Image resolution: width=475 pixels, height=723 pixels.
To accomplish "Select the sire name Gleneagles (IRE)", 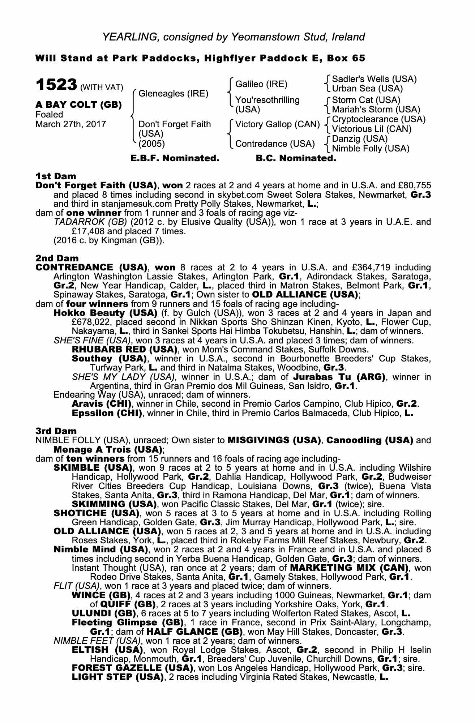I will pyautogui.click(x=174, y=94).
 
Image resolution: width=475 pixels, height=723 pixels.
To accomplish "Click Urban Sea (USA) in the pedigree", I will pyautogui.click(x=367, y=89).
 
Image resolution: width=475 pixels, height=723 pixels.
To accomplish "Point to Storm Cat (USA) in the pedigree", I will pyautogui.click(x=366, y=100).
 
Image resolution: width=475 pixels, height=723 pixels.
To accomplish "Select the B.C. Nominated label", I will pyautogui.click(x=296, y=158).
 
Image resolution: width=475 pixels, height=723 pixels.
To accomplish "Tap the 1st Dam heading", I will pyautogui.click(x=56, y=176).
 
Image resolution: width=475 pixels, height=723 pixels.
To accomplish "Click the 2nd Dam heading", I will pyautogui.click(x=57, y=258).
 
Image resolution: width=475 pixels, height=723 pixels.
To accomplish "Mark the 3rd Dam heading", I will pyautogui.click(x=56, y=431).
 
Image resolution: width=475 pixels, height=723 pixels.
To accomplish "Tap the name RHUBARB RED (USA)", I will pyautogui.click(x=124, y=350).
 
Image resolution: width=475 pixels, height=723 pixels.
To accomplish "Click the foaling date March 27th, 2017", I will pyautogui.click(x=71, y=124).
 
